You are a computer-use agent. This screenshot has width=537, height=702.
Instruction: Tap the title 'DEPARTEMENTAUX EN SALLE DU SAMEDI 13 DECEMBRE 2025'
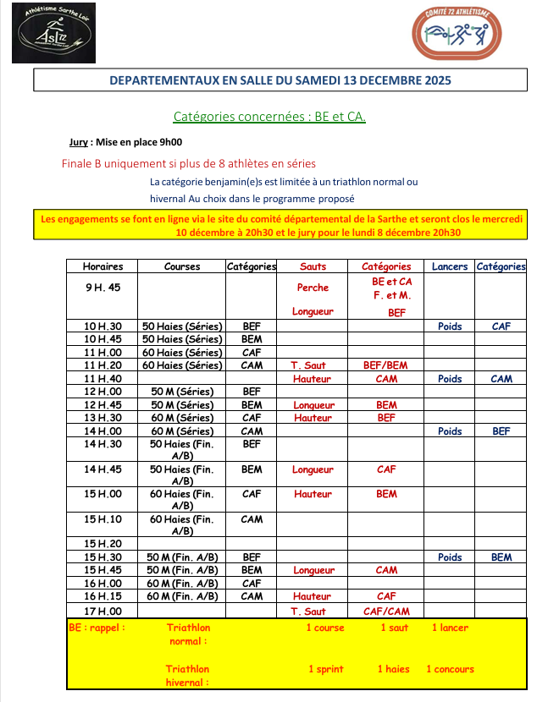280,80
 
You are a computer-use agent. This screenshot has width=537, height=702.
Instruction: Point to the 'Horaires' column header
102,266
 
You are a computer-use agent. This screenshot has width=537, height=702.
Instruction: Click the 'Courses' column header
182,266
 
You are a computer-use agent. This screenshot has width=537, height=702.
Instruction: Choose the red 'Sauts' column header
313,266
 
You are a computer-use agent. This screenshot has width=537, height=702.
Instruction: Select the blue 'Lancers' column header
449,266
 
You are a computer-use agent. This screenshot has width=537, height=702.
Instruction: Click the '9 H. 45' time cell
102,288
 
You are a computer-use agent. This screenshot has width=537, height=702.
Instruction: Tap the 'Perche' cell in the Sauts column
313,288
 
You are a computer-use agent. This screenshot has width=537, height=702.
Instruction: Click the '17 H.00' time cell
102,612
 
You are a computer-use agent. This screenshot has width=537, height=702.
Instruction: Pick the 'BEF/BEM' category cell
386,365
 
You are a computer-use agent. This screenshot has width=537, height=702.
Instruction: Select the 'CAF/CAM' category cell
386,612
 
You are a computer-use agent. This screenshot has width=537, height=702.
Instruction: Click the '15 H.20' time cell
102,544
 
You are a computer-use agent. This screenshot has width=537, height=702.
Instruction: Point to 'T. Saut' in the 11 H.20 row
308,365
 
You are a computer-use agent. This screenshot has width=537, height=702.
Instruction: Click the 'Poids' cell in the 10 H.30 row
449,326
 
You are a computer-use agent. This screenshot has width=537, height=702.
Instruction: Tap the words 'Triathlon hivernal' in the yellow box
188,676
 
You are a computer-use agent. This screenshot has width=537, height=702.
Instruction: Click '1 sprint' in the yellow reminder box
325,669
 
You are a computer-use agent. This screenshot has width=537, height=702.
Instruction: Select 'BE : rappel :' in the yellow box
97,628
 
